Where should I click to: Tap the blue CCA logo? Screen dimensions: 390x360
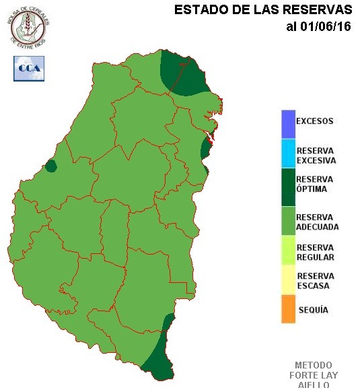(x=28, y=68)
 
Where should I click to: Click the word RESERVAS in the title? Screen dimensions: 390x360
(x=314, y=10)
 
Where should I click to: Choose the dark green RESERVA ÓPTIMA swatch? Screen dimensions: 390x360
(x=289, y=184)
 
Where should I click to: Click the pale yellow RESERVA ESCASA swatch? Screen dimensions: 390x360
(x=289, y=280)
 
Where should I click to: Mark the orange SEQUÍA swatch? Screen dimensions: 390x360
(x=289, y=309)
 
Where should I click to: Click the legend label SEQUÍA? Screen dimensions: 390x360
(x=312, y=310)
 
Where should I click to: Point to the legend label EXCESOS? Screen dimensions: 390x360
(x=314, y=122)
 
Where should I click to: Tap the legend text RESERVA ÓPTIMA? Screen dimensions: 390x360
(x=314, y=184)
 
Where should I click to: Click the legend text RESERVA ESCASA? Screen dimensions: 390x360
(x=315, y=281)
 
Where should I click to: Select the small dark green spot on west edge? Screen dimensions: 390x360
(x=50, y=166)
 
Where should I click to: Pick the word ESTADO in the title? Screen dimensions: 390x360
(x=196, y=10)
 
